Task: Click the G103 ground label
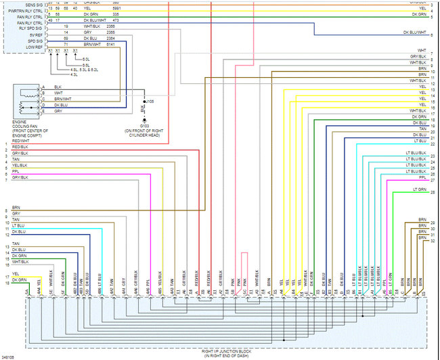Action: coord(144,125)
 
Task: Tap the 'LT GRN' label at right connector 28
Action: coord(420,190)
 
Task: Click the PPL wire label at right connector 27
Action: coord(422,177)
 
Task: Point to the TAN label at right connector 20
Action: coord(422,128)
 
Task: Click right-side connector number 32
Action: coord(433,241)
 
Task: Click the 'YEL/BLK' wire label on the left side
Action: coord(20,165)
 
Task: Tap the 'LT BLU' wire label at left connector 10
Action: coord(18,225)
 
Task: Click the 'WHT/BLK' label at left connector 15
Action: coord(20,261)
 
